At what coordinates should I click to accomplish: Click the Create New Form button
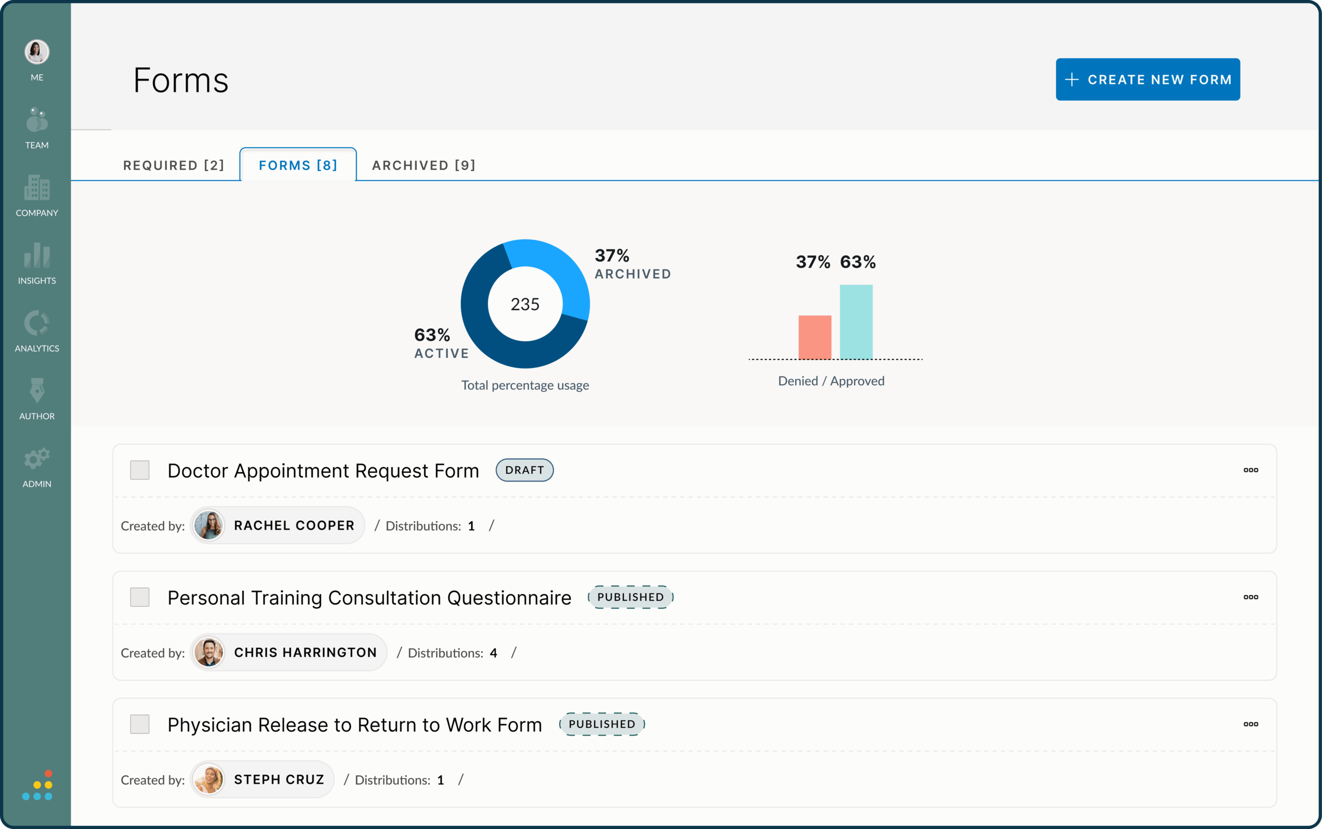coord(1147,79)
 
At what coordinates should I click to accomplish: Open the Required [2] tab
coord(174,165)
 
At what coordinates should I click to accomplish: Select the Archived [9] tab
coord(423,165)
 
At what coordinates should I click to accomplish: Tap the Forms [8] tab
coord(298,165)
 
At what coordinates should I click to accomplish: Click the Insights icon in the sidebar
coord(37,257)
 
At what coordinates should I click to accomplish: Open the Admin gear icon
coord(37,459)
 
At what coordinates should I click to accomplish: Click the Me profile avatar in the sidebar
coord(37,52)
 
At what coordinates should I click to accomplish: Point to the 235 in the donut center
coord(525,305)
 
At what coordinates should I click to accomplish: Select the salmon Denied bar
coord(814,337)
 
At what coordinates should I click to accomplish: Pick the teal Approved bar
coord(856,322)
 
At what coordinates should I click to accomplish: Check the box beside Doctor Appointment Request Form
coord(140,470)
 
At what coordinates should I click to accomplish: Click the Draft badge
coord(525,470)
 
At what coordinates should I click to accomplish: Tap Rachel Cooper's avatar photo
coord(209,525)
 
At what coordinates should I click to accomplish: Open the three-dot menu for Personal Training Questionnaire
coord(1250,597)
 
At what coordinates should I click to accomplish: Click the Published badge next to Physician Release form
coord(602,724)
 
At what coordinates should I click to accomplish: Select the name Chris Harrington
coord(305,652)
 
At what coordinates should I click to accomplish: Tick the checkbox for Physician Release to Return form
coord(140,724)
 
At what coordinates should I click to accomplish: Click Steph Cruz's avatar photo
coord(209,779)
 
